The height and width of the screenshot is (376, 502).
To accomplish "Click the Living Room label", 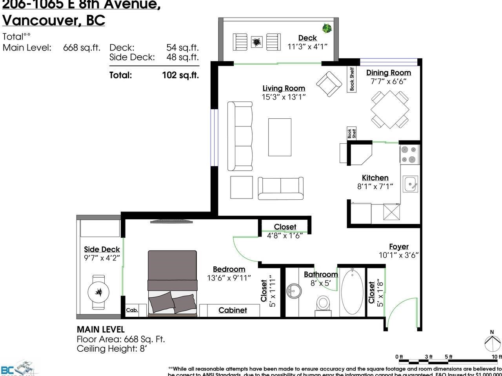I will (x=284, y=89).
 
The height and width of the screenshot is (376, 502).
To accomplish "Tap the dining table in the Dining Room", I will (x=390, y=109).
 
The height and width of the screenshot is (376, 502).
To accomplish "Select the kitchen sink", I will (x=411, y=183).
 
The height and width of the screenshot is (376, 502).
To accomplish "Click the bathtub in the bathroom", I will (x=352, y=292).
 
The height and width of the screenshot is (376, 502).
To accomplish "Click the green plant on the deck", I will (x=326, y=28).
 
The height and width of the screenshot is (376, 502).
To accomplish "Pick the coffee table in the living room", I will (x=280, y=137).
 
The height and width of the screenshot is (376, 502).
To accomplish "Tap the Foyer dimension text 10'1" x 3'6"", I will (x=399, y=255).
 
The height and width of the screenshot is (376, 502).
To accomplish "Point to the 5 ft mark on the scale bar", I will (x=448, y=357).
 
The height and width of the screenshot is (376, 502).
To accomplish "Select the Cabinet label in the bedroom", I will (x=233, y=310).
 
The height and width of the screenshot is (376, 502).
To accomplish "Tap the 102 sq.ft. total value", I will (x=180, y=75).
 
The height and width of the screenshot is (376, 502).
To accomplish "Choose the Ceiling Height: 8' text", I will (x=112, y=349).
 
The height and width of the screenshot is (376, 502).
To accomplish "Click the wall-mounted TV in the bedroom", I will (x=172, y=221).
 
